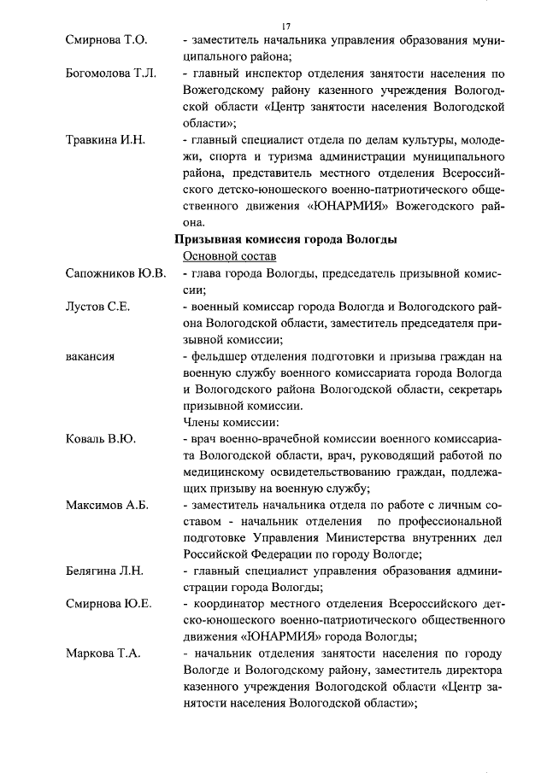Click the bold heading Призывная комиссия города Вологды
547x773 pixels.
pos(285,240)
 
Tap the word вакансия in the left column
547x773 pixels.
pos(90,354)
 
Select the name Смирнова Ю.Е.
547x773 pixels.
pos(109,603)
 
